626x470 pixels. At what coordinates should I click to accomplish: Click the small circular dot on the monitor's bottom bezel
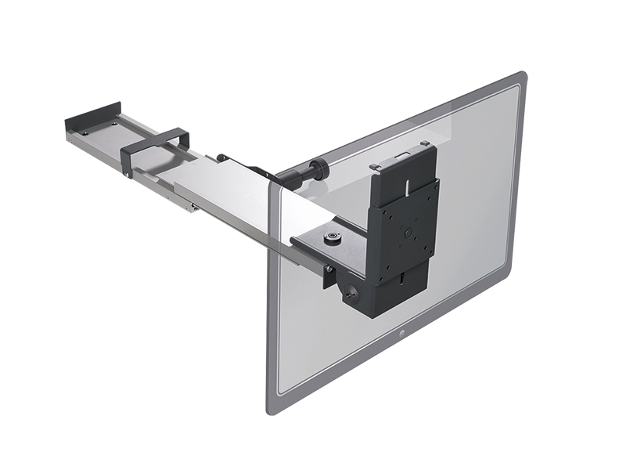(402, 334)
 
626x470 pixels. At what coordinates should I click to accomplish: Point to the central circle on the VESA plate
(405, 233)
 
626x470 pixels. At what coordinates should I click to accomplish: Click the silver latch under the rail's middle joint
(191, 207)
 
